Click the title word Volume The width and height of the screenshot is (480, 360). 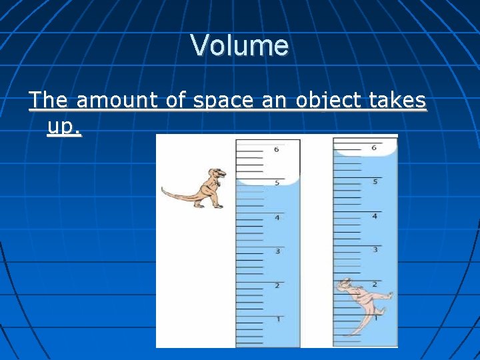coord(239,45)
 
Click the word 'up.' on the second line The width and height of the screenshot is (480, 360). coord(64,127)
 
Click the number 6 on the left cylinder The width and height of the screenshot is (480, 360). coord(276,149)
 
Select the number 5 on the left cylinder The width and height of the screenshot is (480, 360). coord(276,181)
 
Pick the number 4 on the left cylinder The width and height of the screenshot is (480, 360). coord(276,217)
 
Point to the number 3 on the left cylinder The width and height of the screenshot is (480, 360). coord(277,251)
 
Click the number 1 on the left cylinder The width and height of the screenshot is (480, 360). coord(277,319)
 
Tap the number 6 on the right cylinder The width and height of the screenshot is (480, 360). coord(373,147)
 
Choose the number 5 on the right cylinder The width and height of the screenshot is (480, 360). coord(375,181)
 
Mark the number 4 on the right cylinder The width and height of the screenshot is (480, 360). coord(375,216)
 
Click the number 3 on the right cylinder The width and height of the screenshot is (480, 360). coord(375,249)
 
